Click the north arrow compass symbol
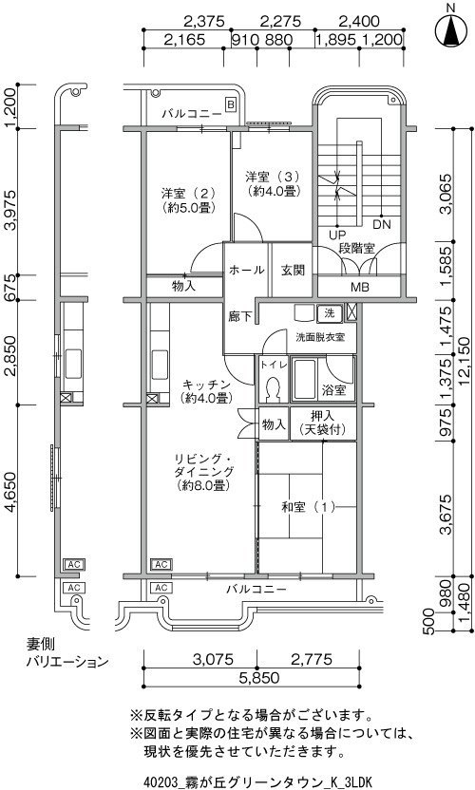pyautogui.click(x=451, y=29)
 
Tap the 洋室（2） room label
pyautogui.click(x=189, y=193)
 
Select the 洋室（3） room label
pyautogui.click(x=273, y=177)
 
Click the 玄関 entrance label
pyautogui.click(x=293, y=270)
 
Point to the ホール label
pyautogui.click(x=247, y=270)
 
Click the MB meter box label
pyautogui.click(x=360, y=288)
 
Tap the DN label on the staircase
pyautogui.click(x=382, y=224)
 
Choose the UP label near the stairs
pyautogui.click(x=337, y=235)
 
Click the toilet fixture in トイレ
pyautogui.click(x=274, y=389)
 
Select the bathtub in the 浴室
pyautogui.click(x=304, y=380)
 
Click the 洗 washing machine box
pyautogui.click(x=330, y=313)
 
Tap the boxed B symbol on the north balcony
pyautogui.click(x=231, y=104)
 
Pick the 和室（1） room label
pyautogui.click(x=309, y=507)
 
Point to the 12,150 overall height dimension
pyautogui.click(x=465, y=363)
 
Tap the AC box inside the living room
pyautogui.click(x=161, y=564)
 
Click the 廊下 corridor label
pyautogui.click(x=239, y=317)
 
